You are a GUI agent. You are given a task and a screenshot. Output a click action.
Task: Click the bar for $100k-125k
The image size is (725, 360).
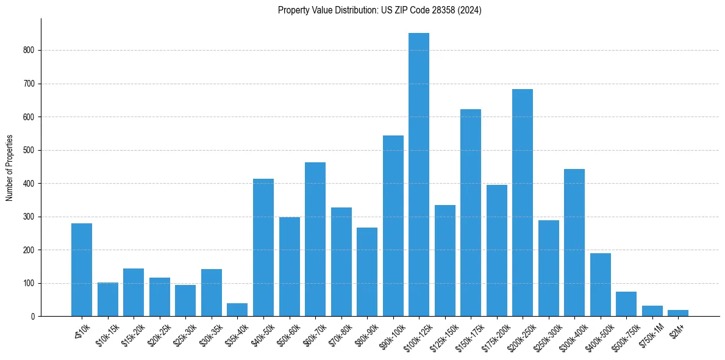418,175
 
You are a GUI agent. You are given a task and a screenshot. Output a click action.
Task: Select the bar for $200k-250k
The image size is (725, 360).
522,203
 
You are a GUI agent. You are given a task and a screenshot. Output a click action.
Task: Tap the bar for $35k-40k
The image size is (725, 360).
237,310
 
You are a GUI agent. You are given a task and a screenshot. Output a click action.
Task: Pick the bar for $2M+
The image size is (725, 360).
677,313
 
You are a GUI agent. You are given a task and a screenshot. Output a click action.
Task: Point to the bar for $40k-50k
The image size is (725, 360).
263,247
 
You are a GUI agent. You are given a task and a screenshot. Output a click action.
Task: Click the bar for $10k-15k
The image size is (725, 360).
107,299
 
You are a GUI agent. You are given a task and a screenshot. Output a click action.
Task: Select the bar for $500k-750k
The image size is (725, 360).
626,304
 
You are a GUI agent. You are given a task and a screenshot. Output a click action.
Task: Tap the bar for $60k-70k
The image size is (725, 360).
315,239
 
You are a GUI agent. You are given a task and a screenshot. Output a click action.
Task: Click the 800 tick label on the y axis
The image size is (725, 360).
29,51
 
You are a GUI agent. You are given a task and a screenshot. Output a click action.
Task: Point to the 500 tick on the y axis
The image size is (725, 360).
29,150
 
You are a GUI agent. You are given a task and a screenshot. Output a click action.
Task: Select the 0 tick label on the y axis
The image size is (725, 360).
33,317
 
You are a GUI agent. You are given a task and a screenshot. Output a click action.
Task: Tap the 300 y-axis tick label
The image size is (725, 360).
29,217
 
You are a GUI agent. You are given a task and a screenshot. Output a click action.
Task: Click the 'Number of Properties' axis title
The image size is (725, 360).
10,168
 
